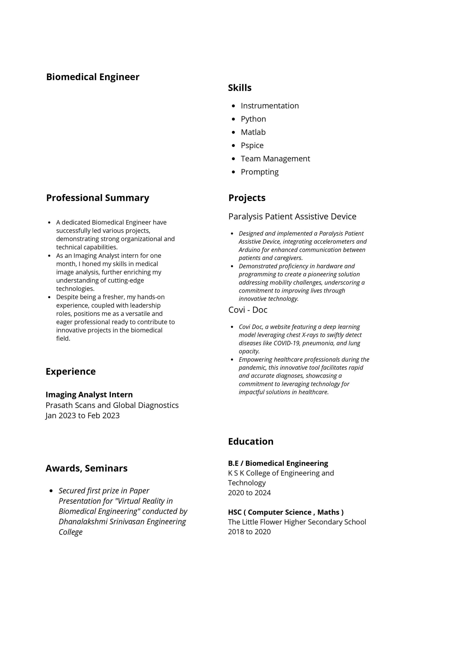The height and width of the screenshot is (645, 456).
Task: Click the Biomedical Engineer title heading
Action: [x=92, y=77]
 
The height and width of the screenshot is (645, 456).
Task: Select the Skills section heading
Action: [x=239, y=88]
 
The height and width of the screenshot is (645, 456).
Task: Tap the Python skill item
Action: [x=253, y=119]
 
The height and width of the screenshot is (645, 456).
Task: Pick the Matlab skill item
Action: [x=253, y=132]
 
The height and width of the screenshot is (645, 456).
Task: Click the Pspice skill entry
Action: [x=252, y=146]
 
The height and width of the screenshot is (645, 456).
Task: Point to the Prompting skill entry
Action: [x=259, y=172]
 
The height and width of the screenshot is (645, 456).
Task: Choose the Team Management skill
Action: [x=275, y=159]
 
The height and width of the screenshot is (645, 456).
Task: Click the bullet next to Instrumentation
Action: [x=233, y=106]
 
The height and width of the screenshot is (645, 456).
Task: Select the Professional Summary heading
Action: [x=97, y=198]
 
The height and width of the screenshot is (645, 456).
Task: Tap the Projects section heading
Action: [x=247, y=198]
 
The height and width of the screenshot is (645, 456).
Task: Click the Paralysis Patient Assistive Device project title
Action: [x=292, y=216]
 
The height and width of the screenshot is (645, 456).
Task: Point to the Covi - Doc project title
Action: [x=248, y=310]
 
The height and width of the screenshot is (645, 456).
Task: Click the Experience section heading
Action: [x=71, y=371]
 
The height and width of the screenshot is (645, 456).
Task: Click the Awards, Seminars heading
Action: [x=86, y=468]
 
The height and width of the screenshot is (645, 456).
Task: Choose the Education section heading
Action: [x=251, y=441]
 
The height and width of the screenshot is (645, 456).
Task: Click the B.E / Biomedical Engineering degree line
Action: [x=278, y=463]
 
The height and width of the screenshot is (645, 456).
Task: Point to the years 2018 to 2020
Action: [x=249, y=532]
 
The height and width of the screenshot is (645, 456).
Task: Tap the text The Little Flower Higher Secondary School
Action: [x=297, y=522]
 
